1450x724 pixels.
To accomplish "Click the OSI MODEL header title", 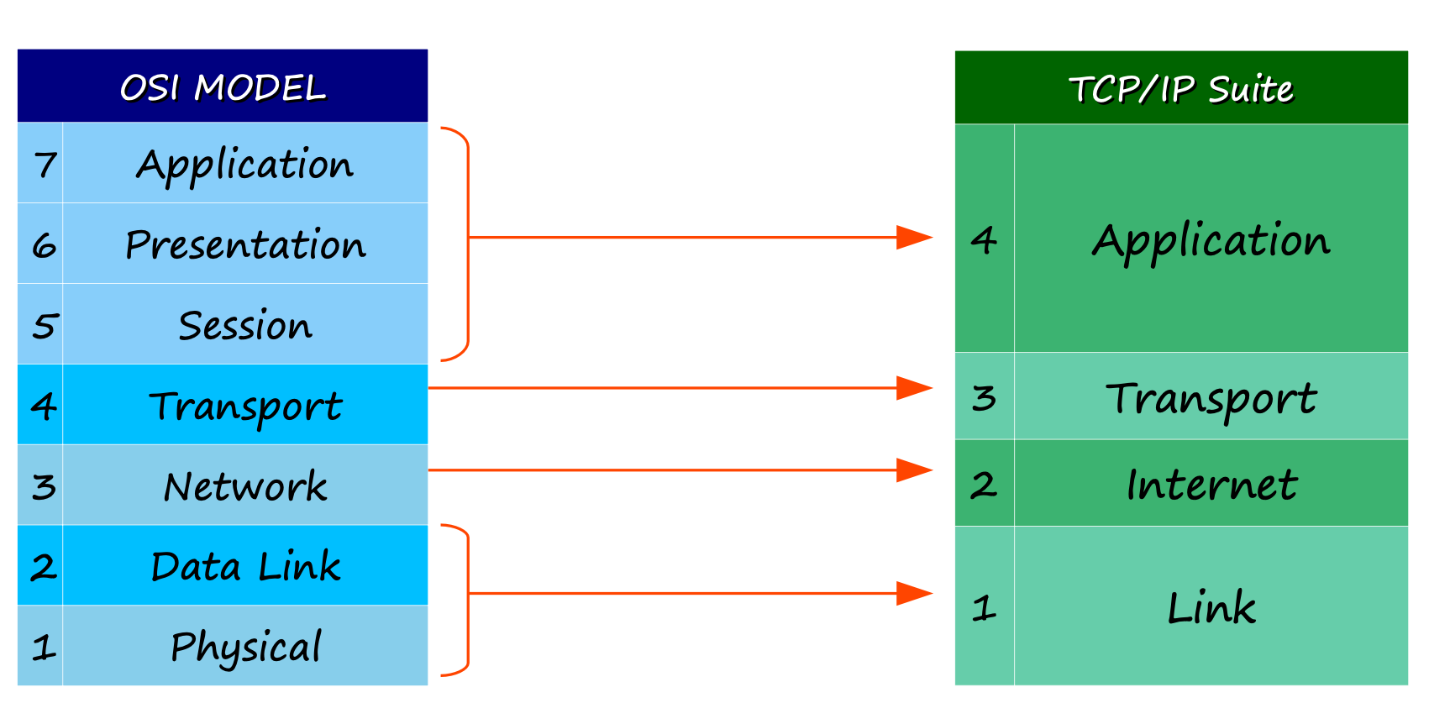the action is coord(223,87).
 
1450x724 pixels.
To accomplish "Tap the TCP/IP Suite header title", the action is coord(1181,89).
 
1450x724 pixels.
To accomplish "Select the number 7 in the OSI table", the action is coord(45,165).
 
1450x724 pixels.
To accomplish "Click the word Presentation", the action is coord(245,244).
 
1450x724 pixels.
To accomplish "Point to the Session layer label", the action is coord(245,325).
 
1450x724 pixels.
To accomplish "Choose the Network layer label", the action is coord(245,486).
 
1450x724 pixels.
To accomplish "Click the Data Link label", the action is coord(245,566).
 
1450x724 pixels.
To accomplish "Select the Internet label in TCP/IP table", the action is coord(1211,485).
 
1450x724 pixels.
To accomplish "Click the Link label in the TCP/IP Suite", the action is coord(1211,607).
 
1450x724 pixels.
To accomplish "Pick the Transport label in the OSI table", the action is coord(245,407).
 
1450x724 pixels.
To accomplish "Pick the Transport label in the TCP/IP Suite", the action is coord(1211,399).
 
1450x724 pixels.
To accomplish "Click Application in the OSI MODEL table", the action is coord(245,165).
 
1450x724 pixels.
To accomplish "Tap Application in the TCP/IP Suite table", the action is coord(1211,242).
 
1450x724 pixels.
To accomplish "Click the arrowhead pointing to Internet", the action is coord(914,470).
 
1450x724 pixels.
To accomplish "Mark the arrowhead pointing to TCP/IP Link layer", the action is coord(914,593).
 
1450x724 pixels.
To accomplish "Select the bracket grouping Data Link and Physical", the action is coord(468,600).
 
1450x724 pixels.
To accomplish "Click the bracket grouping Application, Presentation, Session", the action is coord(468,244).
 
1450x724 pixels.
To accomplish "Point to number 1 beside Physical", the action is coord(44,648).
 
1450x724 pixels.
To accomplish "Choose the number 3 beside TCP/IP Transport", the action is coord(984,397).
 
